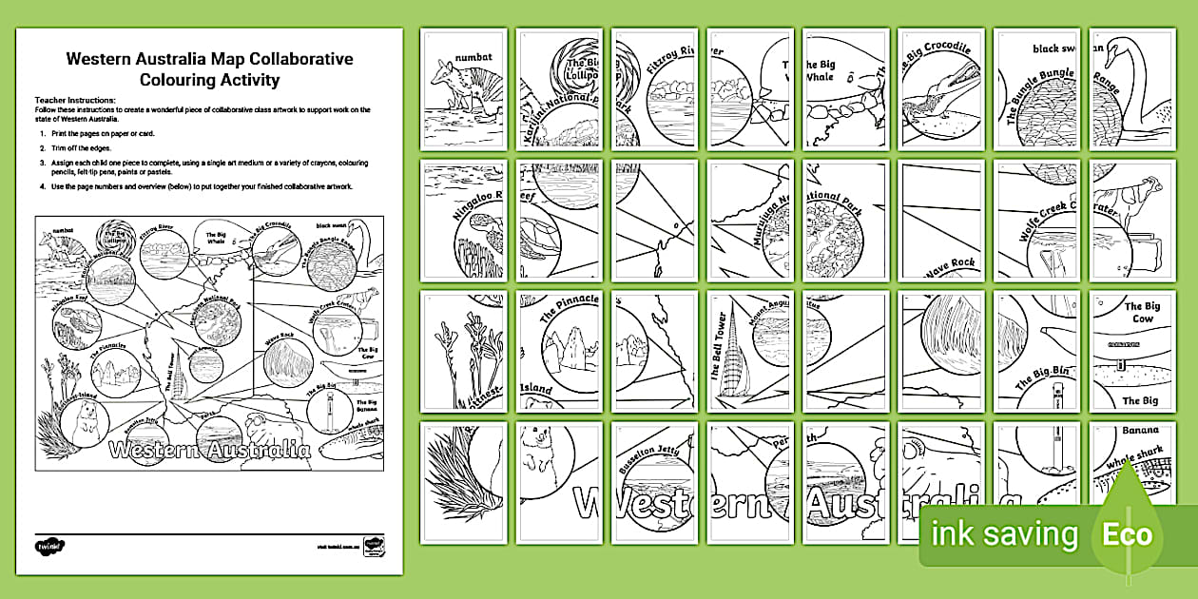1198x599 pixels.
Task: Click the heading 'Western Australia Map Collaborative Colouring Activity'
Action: tap(209, 69)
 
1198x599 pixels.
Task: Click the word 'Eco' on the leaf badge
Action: tap(1127, 533)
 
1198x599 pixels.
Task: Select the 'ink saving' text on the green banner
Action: tap(1005, 534)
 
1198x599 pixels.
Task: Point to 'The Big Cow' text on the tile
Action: tap(1141, 313)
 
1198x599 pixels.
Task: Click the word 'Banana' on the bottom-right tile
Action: tap(1141, 430)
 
